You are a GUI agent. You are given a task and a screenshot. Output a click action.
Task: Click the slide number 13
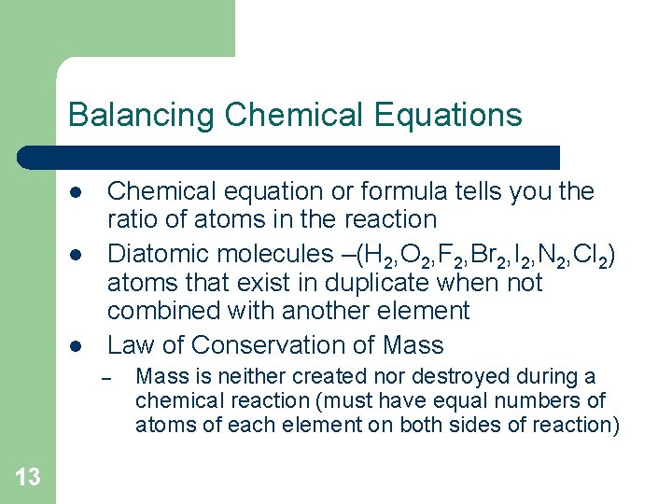pyautogui.click(x=28, y=477)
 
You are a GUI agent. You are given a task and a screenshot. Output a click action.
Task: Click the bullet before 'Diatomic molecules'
pyautogui.click(x=74, y=255)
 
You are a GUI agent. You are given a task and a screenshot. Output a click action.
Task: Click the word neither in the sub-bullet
pyautogui.click(x=246, y=377)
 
